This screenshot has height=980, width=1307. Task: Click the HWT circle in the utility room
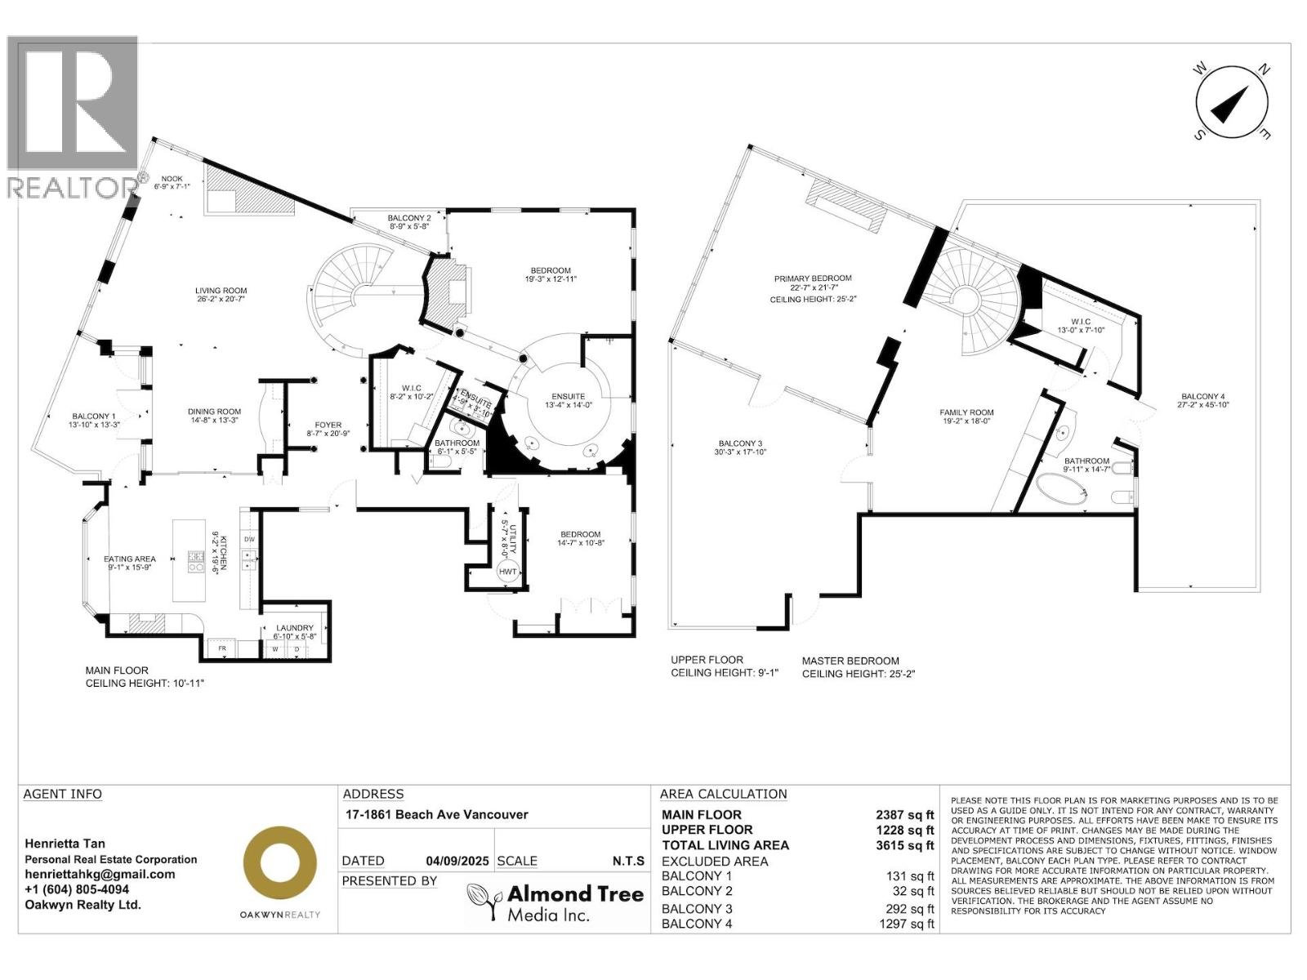[508, 572]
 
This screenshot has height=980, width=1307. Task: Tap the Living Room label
[221, 291]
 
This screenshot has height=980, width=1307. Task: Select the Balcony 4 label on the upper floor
[1201, 396]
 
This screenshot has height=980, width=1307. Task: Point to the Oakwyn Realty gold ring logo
[280, 862]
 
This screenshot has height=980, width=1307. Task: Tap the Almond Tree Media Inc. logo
[555, 902]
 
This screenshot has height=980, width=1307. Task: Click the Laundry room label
[293, 628]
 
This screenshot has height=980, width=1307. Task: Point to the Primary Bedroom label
[813, 278]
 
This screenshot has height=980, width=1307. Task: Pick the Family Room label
[966, 412]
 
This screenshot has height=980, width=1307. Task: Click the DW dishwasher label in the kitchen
[248, 540]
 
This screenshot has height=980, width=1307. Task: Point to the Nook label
[172, 179]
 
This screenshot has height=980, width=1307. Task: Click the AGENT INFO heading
[63, 794]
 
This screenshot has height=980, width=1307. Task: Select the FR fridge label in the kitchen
[221, 648]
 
